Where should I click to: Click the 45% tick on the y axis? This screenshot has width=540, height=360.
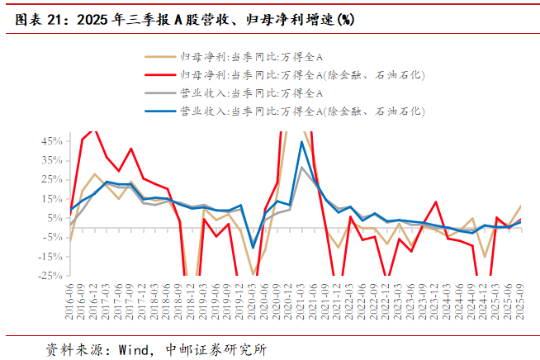tap(50, 141)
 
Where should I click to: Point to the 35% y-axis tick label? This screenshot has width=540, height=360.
tap(50, 160)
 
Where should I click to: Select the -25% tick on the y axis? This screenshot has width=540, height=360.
tap(48, 275)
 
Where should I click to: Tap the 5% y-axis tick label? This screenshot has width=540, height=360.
tap(52, 218)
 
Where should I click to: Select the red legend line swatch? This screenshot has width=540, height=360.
tap(159, 75)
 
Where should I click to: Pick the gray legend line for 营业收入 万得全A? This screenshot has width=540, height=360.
tap(159, 93)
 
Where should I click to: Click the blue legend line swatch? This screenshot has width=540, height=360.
tap(159, 111)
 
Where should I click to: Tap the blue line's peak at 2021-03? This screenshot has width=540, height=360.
tap(301, 142)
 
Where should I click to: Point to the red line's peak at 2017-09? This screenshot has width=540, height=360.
tap(130, 149)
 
